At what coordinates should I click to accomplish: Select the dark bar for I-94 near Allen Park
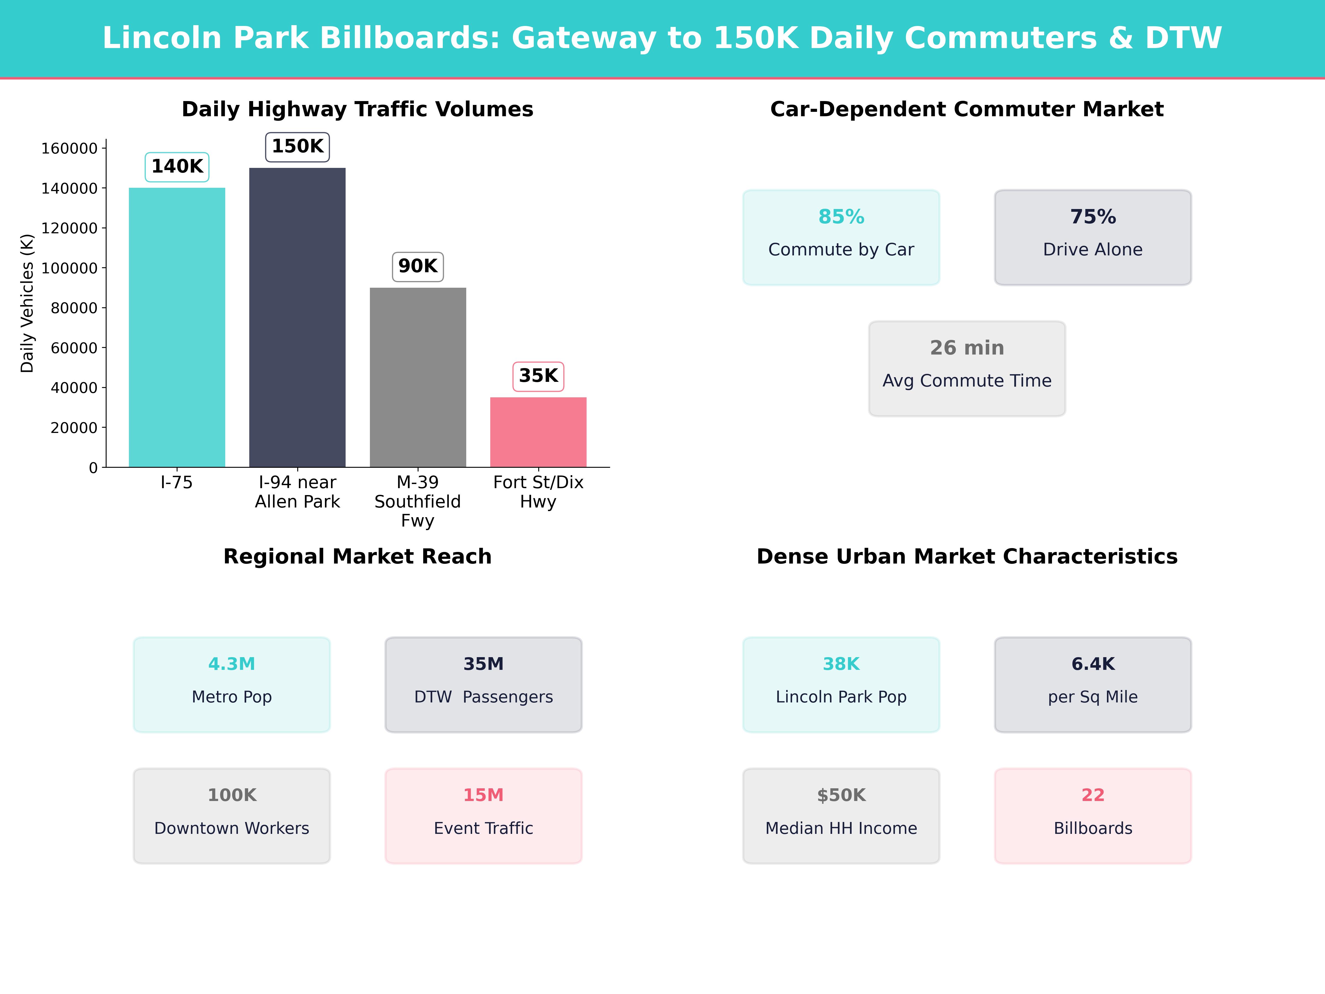[x=297, y=318]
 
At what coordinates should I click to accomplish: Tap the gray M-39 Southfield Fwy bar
[x=417, y=377]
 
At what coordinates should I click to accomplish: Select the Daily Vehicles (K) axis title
[x=27, y=303]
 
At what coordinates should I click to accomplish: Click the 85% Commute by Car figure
[x=841, y=217]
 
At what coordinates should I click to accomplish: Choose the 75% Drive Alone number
[x=1093, y=217]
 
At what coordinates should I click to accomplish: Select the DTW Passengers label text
[x=483, y=697]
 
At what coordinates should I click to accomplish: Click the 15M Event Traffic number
[x=483, y=795]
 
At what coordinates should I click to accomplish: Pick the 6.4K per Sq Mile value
[x=1093, y=664]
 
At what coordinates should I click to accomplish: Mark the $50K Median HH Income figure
[x=841, y=795]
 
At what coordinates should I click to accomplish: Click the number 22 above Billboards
[x=1093, y=795]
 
